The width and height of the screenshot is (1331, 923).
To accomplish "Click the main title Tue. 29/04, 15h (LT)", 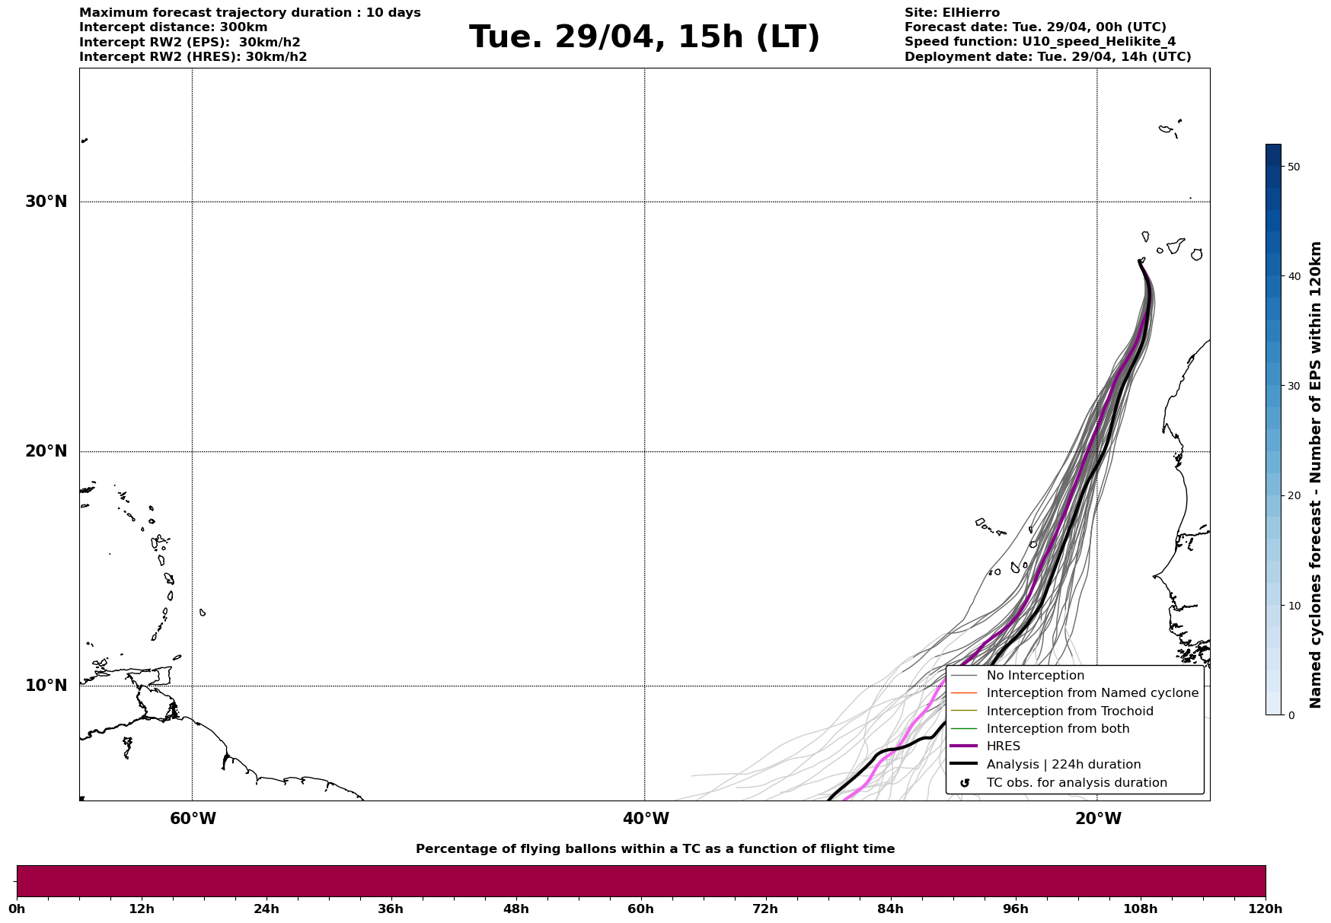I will [644, 37].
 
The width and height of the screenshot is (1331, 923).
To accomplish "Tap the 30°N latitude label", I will [46, 202].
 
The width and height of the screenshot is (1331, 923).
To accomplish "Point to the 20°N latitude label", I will [46, 451].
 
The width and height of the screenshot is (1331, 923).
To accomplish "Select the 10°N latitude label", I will [46, 686].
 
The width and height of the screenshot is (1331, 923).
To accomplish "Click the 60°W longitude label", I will [193, 819].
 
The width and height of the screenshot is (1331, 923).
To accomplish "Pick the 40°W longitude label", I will [646, 819].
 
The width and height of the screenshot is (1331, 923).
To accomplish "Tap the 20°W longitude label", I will [1098, 819].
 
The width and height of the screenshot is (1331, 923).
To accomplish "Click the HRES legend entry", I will [1003, 746].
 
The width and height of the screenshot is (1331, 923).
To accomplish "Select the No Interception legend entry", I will [1035, 676].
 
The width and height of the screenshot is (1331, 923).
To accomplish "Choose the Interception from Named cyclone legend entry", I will [1092, 693].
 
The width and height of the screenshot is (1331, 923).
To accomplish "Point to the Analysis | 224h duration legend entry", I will [1063, 765].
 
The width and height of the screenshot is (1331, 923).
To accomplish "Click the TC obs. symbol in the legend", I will [965, 783].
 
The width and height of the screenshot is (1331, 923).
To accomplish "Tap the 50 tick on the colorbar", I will [1293, 167].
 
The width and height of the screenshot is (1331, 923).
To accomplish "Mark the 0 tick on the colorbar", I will [1291, 715].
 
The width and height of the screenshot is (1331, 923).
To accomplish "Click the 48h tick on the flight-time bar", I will [515, 909].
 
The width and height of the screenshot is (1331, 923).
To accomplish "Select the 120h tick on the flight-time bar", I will [1265, 909].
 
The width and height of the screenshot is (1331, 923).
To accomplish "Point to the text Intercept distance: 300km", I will [174, 27].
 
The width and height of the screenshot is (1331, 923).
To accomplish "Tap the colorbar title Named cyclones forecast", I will [1315, 475].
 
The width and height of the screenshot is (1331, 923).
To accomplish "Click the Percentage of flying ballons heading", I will [655, 849].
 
